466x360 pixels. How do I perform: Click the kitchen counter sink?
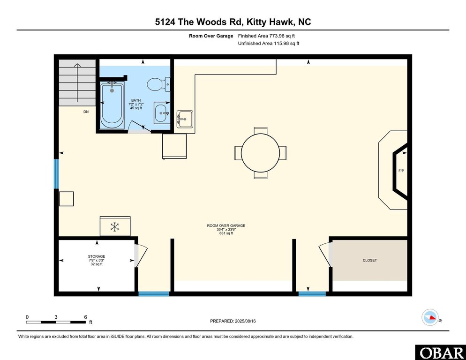(x=184, y=119)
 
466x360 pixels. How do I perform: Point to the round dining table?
(x=260, y=153)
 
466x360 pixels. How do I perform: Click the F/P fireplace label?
(x=401, y=171)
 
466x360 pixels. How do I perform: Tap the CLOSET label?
(x=369, y=260)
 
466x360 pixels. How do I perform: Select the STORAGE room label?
(x=96, y=256)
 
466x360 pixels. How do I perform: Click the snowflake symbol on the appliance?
(x=114, y=227)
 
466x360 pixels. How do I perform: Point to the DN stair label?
(x=86, y=112)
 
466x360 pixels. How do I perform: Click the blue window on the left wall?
(x=56, y=173)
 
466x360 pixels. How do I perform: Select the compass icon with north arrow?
(x=430, y=317)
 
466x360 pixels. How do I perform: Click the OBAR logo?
(x=440, y=352)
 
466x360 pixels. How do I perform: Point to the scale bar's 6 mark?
(x=85, y=317)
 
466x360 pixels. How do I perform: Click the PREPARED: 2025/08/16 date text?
(x=233, y=321)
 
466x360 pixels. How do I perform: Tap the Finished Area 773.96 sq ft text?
(x=266, y=36)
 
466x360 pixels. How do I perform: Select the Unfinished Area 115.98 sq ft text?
(x=268, y=43)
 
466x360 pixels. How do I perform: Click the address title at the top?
(x=233, y=22)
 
